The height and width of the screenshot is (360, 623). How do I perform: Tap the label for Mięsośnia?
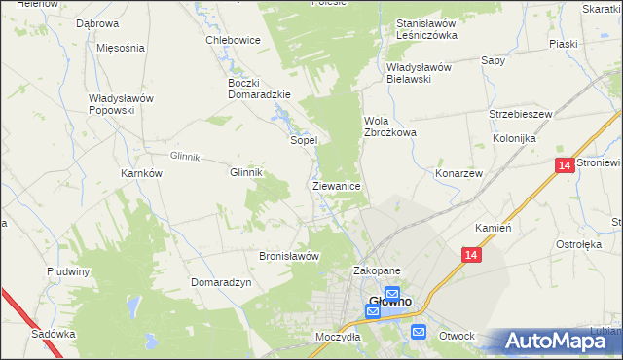pos(121,47)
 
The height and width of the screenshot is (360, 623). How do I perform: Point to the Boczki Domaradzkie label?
pos(253,89)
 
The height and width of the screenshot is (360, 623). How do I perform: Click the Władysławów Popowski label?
pos(124,104)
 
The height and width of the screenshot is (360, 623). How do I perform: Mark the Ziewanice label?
pos(337,185)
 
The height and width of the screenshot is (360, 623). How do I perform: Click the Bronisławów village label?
pos(289,256)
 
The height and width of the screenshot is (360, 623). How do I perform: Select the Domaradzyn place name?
pos(222,281)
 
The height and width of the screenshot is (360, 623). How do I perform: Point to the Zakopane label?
pos(377,271)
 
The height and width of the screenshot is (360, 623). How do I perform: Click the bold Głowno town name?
pos(390,303)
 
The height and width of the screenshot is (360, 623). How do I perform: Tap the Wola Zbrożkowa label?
pos(389,126)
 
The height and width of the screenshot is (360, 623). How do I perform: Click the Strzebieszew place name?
pos(521,114)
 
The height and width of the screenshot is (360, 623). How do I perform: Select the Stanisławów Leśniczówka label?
pos(426,29)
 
